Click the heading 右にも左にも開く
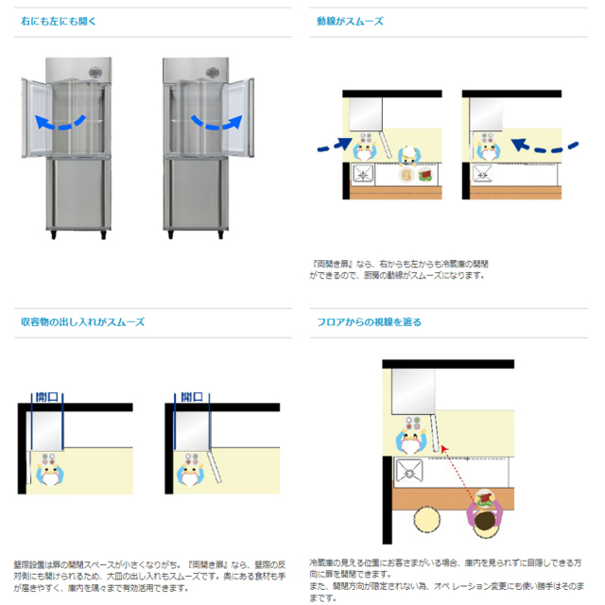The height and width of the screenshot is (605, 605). [x=59, y=20]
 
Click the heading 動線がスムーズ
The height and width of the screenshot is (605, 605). [x=350, y=20]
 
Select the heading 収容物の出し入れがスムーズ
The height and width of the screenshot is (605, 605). [x=83, y=321]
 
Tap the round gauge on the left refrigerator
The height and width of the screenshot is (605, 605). [x=94, y=72]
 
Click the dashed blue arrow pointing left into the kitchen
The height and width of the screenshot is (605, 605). [x=547, y=147]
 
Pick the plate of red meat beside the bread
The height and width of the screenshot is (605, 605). [x=425, y=175]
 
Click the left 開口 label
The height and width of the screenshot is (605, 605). [x=46, y=397]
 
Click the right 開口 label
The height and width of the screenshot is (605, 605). [x=192, y=397]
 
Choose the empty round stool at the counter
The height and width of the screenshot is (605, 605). [x=427, y=523]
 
